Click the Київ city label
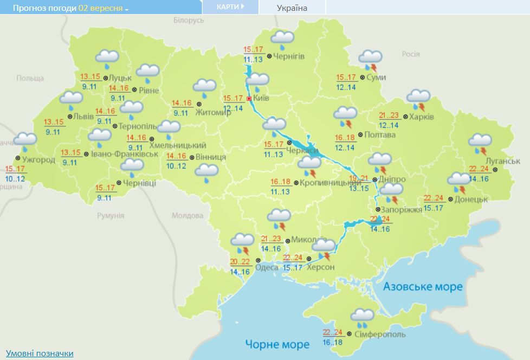coord(261,98)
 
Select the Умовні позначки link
coord(40,353)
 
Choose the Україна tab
coord(292,8)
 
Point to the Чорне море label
coord(277,344)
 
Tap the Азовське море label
coord(423,286)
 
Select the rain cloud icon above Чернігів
coord(282,38)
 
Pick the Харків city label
coord(422,117)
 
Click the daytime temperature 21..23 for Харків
coord(389,115)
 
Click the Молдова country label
coord(187,215)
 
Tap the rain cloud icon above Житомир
coord(205,87)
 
